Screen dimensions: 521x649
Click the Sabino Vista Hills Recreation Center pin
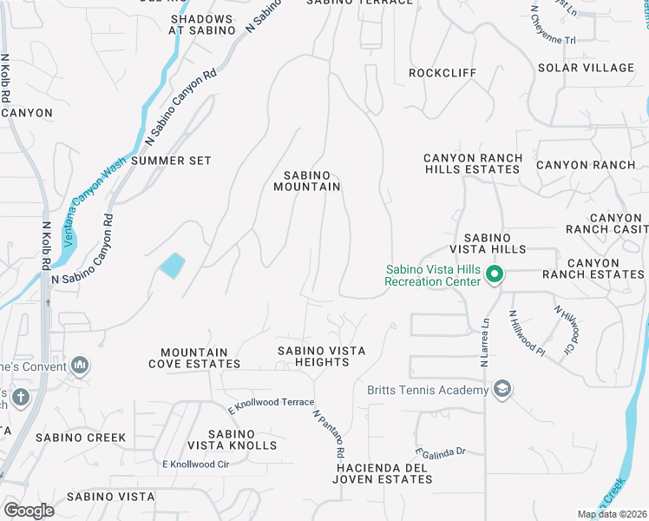pyautogui.click(x=495, y=276)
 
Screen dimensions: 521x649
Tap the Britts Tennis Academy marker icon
pyautogui.click(x=501, y=391)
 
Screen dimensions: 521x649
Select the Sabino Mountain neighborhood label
pyautogui.click(x=306, y=181)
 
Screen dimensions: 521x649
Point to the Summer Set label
pyautogui.click(x=172, y=161)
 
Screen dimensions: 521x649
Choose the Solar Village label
pyautogui.click(x=586, y=68)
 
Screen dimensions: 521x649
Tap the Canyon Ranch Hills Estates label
pyautogui.click(x=473, y=164)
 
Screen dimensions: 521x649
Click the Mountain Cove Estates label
pyautogui.click(x=188, y=359)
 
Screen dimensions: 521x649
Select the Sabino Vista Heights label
pyautogui.click(x=321, y=356)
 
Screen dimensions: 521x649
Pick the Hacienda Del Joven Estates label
pyautogui.click(x=383, y=473)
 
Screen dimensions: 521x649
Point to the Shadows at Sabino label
pyautogui.click(x=202, y=24)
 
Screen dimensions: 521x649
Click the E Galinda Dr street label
pyautogui.click(x=441, y=452)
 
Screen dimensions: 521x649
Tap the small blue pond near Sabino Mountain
pyautogui.click(x=173, y=265)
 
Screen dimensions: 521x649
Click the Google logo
pyautogui.click(x=29, y=510)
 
